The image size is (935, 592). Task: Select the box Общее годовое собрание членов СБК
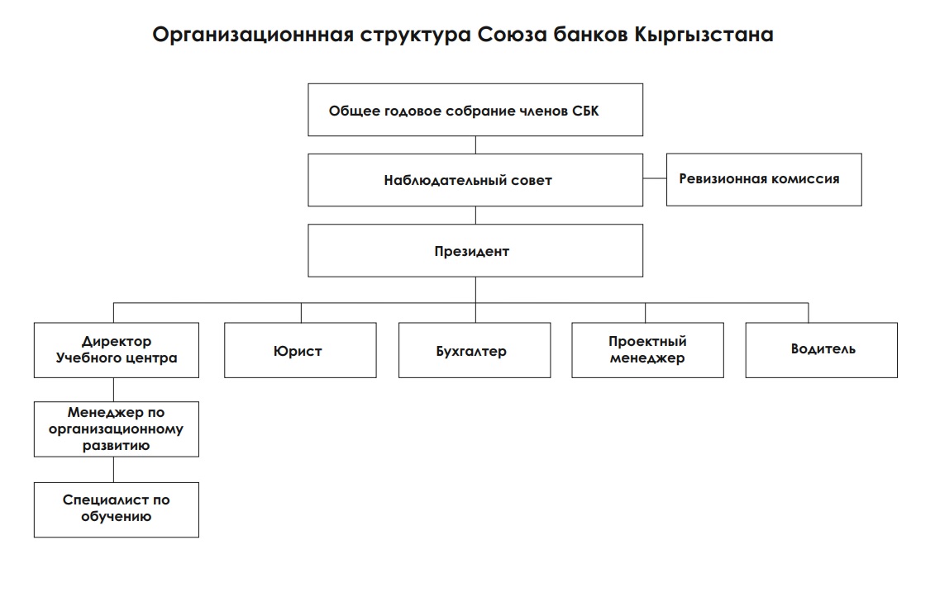tap(475, 110)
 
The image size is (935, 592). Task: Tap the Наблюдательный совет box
tap(475, 179)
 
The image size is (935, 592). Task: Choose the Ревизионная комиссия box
tap(764, 179)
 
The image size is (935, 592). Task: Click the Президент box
tap(475, 252)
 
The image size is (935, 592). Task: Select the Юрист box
tap(300, 350)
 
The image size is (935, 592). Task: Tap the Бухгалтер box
tap(475, 350)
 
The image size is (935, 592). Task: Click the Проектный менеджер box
tap(648, 350)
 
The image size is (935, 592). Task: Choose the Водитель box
tap(821, 349)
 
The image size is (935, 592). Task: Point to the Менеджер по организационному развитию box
tap(117, 429)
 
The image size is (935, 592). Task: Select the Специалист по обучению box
tap(117, 509)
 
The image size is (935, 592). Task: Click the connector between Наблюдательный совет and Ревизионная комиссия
tap(655, 179)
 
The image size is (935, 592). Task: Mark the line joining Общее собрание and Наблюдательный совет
tap(475, 144)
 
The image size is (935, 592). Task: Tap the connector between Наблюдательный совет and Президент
tap(475, 215)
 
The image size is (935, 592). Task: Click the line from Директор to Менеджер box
tap(114, 390)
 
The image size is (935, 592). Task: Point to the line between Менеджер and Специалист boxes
tap(114, 470)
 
